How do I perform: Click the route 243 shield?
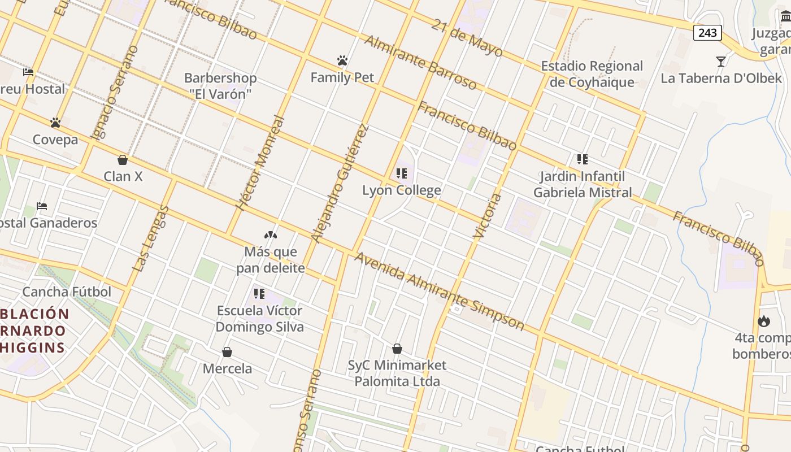707,33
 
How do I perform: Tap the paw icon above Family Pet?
342,60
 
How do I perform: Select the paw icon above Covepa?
55,122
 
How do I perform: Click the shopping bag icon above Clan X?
123,160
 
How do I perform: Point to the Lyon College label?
401,190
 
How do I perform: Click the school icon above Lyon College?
402,173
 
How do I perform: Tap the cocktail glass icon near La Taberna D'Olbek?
720,61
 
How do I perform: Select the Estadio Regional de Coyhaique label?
592,74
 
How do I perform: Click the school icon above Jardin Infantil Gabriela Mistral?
582,159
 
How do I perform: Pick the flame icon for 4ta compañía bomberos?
764,321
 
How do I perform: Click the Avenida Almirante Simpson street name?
439,291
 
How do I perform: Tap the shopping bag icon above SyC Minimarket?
397,349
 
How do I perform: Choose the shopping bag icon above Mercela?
227,352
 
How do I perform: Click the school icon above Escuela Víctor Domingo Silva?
259,293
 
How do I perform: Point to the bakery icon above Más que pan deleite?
270,234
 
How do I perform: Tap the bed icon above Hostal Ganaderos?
42,206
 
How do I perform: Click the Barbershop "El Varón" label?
220,86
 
